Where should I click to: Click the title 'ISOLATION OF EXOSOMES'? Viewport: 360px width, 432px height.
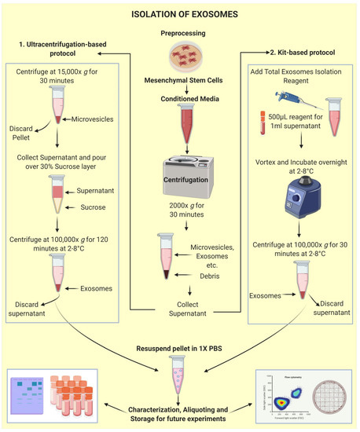pyautogui.click(x=180, y=12)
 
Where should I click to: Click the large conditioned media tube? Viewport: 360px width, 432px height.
pyautogui.click(x=180, y=112)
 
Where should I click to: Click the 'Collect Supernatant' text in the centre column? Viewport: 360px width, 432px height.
pyautogui.click(x=180, y=309)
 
